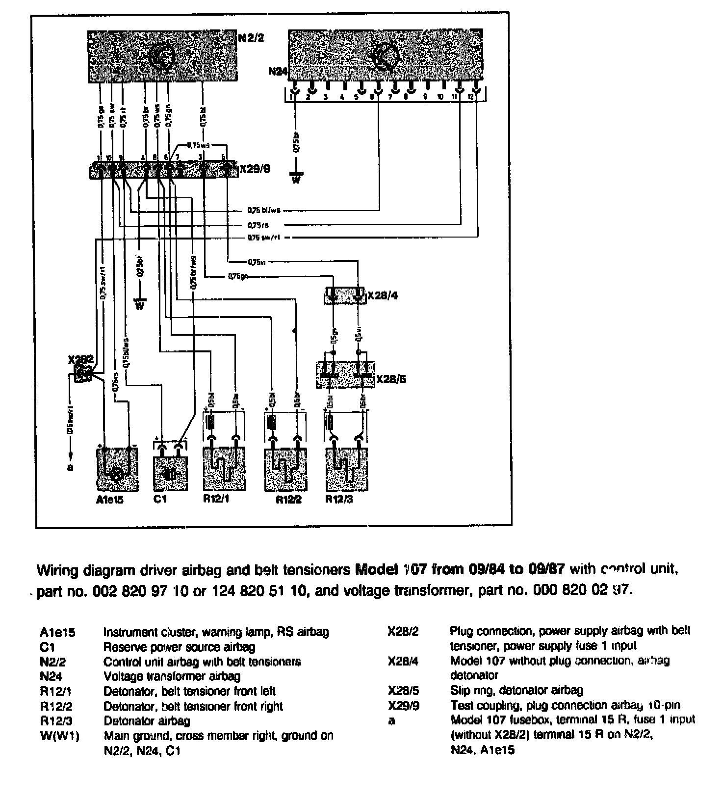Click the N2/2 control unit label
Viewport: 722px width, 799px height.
pyautogui.click(x=251, y=38)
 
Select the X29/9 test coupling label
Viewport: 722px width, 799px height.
pyautogui.click(x=255, y=169)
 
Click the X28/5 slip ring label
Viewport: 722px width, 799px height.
pyautogui.click(x=391, y=379)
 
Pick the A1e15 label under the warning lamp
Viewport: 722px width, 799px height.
pyautogui.click(x=110, y=500)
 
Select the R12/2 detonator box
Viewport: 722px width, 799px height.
pyautogui.click(x=285, y=469)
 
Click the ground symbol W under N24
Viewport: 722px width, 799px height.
pyautogui.click(x=296, y=178)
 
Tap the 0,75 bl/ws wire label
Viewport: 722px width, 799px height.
pyautogui.click(x=263, y=211)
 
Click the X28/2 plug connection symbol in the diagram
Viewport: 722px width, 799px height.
pyautogui.click(x=83, y=373)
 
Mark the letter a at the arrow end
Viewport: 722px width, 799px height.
pyautogui.click(x=70, y=467)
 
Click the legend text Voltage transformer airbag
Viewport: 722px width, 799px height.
pyautogui.click(x=172, y=676)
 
